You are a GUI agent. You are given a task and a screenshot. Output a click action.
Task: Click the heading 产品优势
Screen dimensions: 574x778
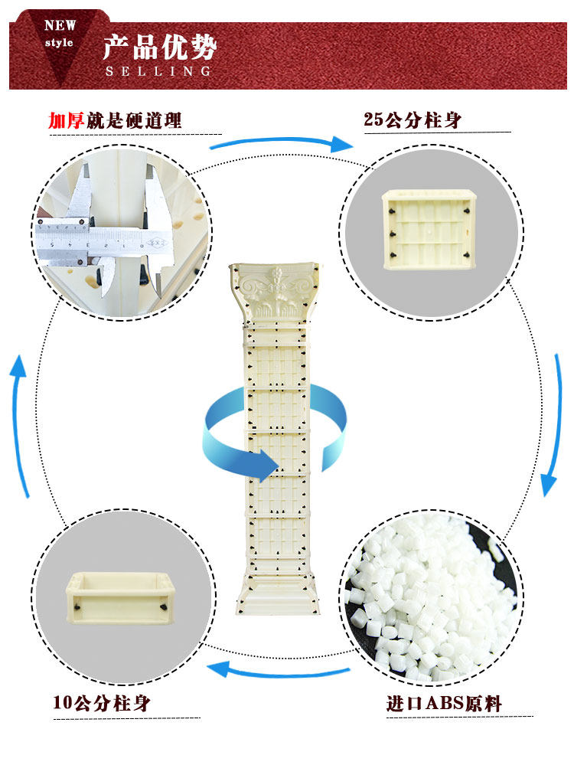[x=160, y=47]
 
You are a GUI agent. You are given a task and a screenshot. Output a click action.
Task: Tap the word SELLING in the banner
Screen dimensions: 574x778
[x=158, y=71]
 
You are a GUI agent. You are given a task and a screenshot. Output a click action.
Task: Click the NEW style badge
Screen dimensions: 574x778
[x=59, y=34]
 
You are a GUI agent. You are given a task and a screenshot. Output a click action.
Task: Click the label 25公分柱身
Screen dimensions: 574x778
[x=413, y=119]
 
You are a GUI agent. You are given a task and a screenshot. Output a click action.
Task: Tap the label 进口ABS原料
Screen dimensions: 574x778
[x=444, y=702]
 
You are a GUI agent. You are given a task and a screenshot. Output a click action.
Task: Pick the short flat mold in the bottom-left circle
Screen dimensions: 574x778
[x=122, y=597]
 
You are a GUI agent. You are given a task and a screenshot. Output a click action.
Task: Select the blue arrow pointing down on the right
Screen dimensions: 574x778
[x=550, y=429]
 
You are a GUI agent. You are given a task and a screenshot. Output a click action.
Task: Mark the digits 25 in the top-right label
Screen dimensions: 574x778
[x=373, y=119]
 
